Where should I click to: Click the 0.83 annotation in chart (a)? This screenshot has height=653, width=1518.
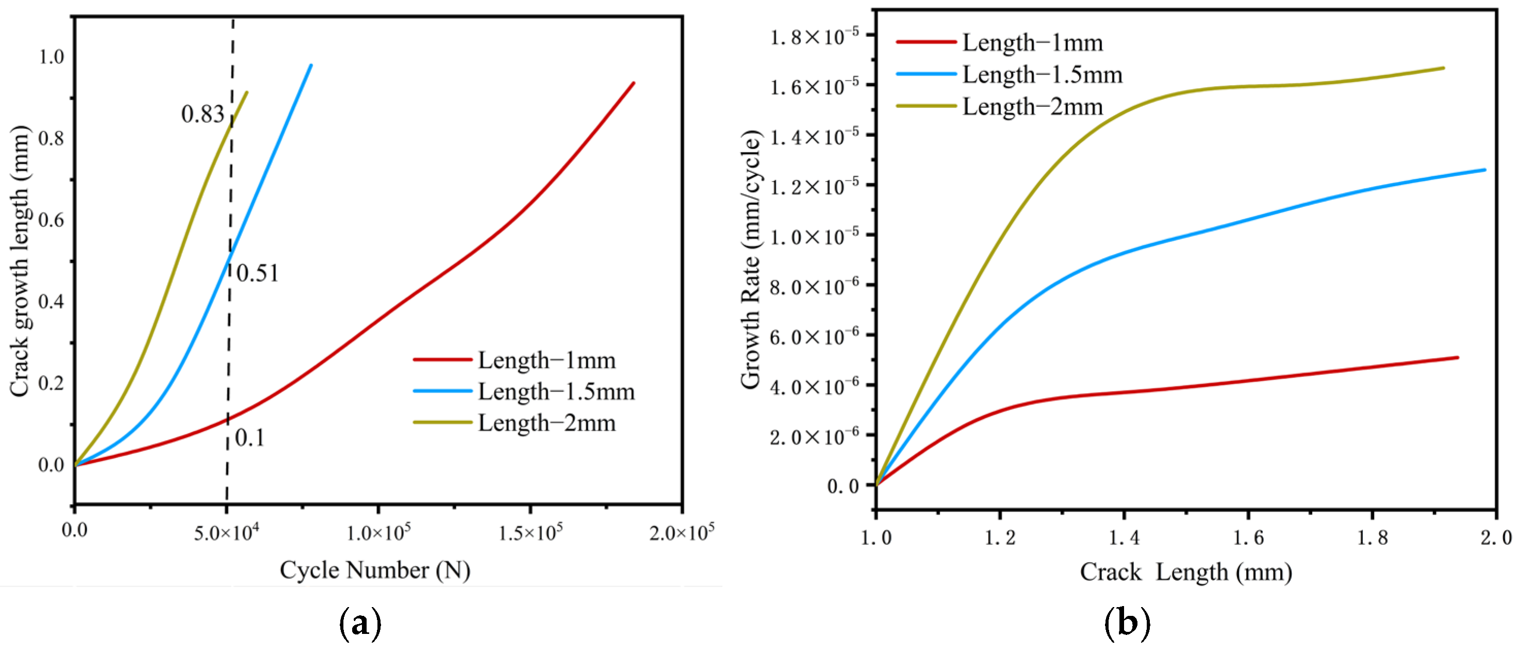[202, 115]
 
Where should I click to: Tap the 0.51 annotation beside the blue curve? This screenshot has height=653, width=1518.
[257, 273]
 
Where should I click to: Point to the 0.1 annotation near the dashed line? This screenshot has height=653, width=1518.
[250, 438]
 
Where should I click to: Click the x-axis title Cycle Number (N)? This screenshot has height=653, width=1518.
[375, 570]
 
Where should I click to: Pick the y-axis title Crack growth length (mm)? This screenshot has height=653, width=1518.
[19, 261]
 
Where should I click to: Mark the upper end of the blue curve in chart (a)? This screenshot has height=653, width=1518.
[311, 66]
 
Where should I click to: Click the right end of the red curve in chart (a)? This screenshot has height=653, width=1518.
[634, 83]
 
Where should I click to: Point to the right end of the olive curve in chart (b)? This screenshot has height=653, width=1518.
[1443, 68]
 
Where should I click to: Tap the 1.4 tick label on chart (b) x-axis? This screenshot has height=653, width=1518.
[1124, 537]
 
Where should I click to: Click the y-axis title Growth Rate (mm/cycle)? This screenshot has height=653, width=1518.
[751, 259]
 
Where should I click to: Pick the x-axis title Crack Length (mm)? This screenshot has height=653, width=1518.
[1185, 572]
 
